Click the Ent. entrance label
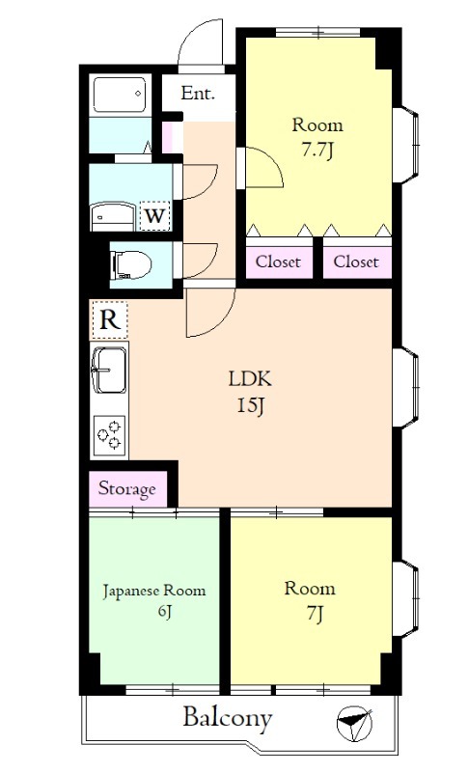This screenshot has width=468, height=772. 198,93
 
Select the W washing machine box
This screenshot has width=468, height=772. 154,215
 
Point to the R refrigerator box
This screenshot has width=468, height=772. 110,320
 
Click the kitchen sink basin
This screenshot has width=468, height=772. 109,371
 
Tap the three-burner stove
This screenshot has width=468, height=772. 110,435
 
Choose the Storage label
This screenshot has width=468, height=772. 127,489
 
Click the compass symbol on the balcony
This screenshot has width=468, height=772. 354,723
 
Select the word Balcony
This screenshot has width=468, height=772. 228,718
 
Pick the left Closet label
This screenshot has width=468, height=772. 278,262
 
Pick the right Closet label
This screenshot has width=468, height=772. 356,262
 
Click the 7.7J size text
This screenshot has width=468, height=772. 317,151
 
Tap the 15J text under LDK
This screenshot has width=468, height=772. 252,405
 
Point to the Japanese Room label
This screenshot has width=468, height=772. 154,591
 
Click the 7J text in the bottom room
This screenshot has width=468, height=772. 315,614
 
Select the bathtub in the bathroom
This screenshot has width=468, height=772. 120,94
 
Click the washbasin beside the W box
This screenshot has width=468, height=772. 113,216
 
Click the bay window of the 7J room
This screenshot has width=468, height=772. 407,597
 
